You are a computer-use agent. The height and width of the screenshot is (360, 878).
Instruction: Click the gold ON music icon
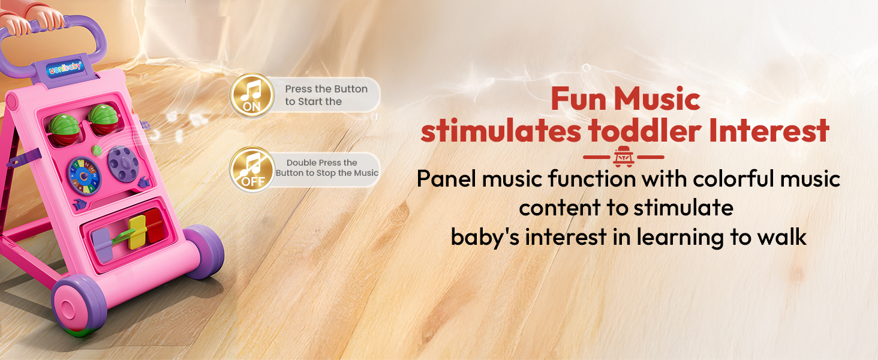coord(252,95)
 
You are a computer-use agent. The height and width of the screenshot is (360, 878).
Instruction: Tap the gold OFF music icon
coord(252,169)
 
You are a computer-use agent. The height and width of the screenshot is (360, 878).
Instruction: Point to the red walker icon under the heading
coord(624,157)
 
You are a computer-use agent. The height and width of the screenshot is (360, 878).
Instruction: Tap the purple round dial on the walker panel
coord(123,163)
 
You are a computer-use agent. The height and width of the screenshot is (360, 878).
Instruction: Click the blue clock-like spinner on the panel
coord(84,176)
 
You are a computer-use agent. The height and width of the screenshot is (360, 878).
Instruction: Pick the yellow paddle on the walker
coord(137,232)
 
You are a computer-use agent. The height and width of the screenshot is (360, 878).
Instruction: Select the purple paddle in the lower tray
coord(102,245)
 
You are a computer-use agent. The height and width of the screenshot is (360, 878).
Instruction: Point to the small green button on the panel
coord(96,150)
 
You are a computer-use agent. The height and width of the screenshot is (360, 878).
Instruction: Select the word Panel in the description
coord(446,179)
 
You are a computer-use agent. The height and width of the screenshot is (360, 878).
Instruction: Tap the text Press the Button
coord(326,89)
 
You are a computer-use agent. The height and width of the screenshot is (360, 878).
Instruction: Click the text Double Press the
coord(322,163)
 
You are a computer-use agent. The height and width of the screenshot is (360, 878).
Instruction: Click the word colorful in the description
coord(733,179)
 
